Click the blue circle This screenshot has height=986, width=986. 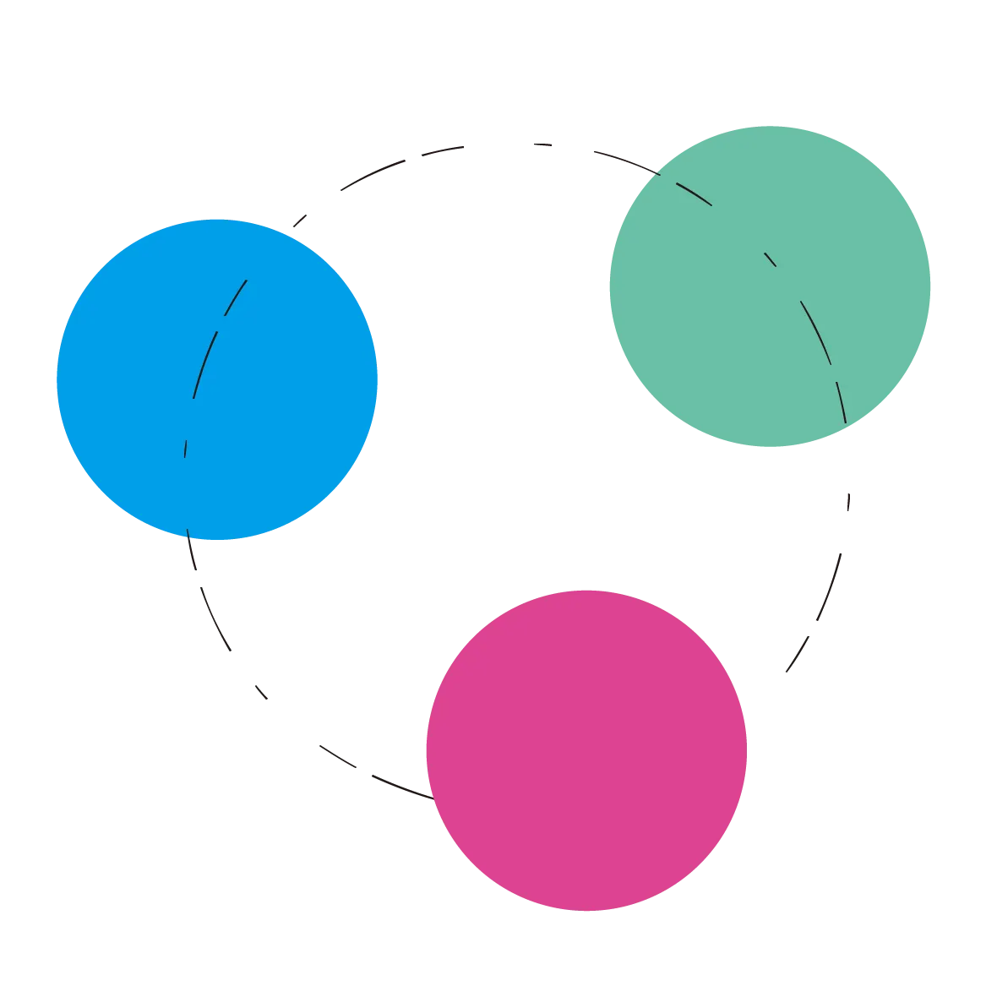216,379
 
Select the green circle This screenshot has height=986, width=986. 770,286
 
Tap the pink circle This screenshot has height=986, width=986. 587,749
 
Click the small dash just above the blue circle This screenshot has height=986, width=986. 300,220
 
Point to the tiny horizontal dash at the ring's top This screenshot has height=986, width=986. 544,145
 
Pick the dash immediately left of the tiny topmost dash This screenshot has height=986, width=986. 442,151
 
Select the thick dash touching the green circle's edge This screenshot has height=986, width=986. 623,159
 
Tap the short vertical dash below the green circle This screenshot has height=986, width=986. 848,504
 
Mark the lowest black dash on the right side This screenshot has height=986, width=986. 797,655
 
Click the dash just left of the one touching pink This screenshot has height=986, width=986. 337,756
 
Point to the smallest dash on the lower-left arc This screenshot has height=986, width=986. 262,693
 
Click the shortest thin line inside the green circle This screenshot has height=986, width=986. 771,259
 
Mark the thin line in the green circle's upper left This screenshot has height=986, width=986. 693,192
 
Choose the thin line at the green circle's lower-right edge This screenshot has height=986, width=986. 841,401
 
